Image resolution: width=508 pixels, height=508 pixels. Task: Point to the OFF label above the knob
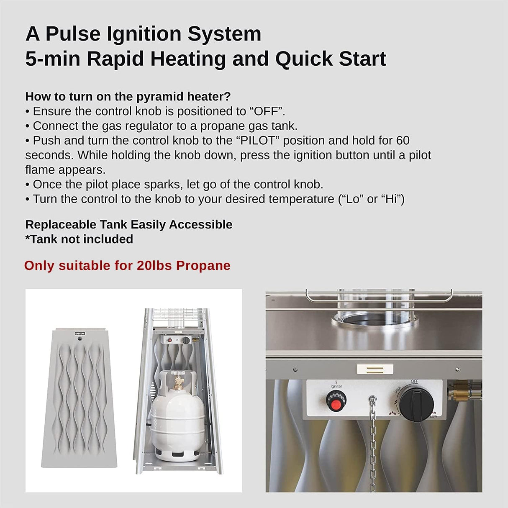pos(414,382)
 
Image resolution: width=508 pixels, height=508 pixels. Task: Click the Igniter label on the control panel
pos(336,386)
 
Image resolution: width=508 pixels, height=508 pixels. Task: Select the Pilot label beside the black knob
pos(398,390)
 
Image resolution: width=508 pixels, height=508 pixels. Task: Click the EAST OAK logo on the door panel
pos(80,334)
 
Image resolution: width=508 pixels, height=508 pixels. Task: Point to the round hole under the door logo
pos(80,340)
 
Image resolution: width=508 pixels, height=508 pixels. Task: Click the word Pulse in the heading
pos(68,34)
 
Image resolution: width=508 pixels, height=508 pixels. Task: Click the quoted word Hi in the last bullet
pos(392,199)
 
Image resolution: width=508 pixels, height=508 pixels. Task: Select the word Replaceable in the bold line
pos(61,225)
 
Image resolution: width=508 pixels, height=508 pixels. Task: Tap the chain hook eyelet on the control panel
pos(372,399)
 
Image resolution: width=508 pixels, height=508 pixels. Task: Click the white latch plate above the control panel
pos(375,369)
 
